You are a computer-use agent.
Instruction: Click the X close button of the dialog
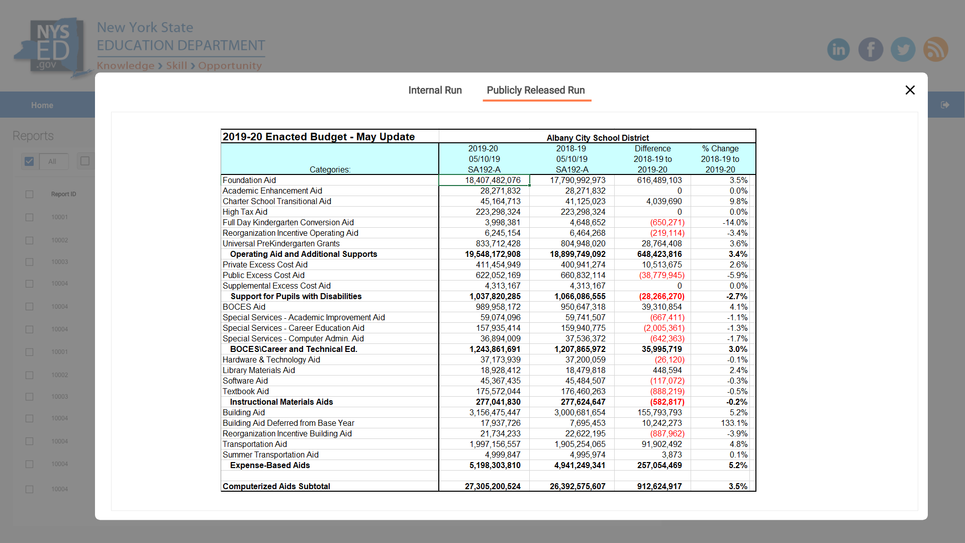[910, 90]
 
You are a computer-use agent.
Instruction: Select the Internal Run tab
[435, 90]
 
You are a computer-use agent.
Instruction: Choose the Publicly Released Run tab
[536, 90]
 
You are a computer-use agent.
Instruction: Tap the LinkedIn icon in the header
[838, 49]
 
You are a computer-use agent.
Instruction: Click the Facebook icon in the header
[871, 49]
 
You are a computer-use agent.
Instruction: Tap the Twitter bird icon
[903, 49]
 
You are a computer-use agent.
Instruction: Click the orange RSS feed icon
[935, 49]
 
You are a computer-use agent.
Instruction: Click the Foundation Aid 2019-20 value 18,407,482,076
[492, 180]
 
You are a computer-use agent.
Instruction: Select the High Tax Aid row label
[245, 212]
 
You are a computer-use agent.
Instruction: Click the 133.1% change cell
[734, 423]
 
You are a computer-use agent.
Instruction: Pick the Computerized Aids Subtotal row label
[276, 486]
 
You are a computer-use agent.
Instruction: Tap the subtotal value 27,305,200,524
[493, 486]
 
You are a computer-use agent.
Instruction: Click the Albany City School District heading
[598, 138]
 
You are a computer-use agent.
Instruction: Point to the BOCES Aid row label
[244, 307]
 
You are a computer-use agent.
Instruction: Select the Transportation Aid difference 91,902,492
[661, 444]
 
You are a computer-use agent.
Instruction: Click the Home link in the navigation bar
[42, 105]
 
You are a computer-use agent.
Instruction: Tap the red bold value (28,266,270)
[661, 296]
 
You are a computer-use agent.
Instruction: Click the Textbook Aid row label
[246, 391]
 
